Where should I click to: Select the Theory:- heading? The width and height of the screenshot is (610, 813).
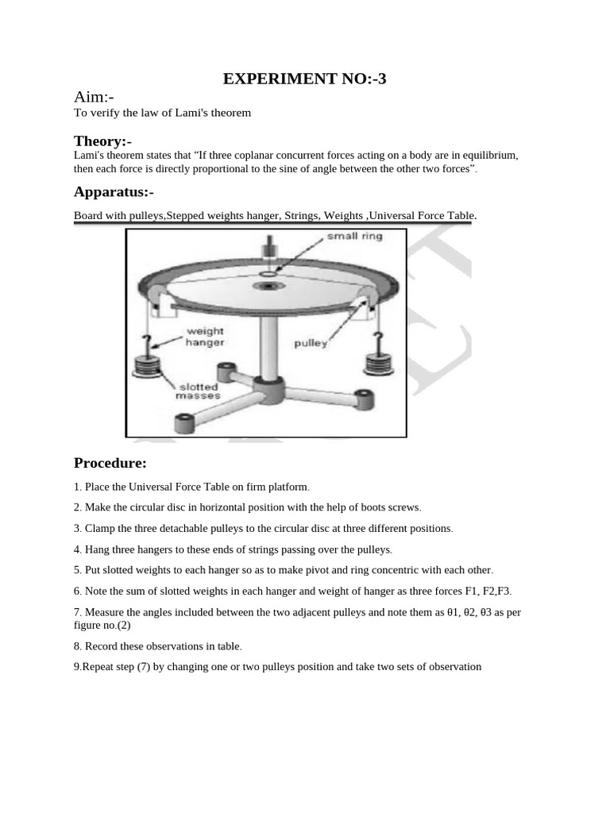(102, 141)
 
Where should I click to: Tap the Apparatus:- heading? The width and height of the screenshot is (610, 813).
(114, 191)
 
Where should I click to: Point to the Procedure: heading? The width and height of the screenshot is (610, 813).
(110, 463)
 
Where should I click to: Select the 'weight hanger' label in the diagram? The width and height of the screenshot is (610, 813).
(204, 337)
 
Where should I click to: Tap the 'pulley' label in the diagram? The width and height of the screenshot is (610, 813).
(311, 344)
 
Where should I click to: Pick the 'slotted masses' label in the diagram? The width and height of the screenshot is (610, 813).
(199, 391)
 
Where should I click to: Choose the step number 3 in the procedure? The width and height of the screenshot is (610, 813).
(77, 528)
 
